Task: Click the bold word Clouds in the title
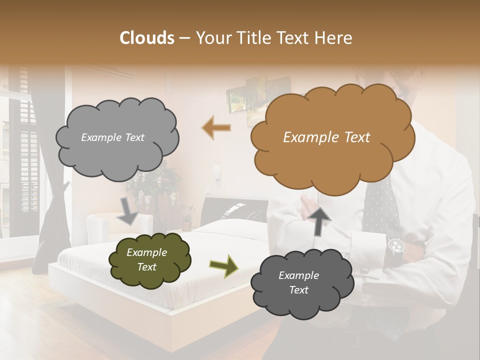[x=147, y=38]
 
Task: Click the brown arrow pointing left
[x=216, y=127]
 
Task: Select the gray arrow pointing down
[x=128, y=211]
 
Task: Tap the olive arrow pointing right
[x=223, y=265]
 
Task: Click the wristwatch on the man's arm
[x=396, y=246]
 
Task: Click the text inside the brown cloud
[x=326, y=137]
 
